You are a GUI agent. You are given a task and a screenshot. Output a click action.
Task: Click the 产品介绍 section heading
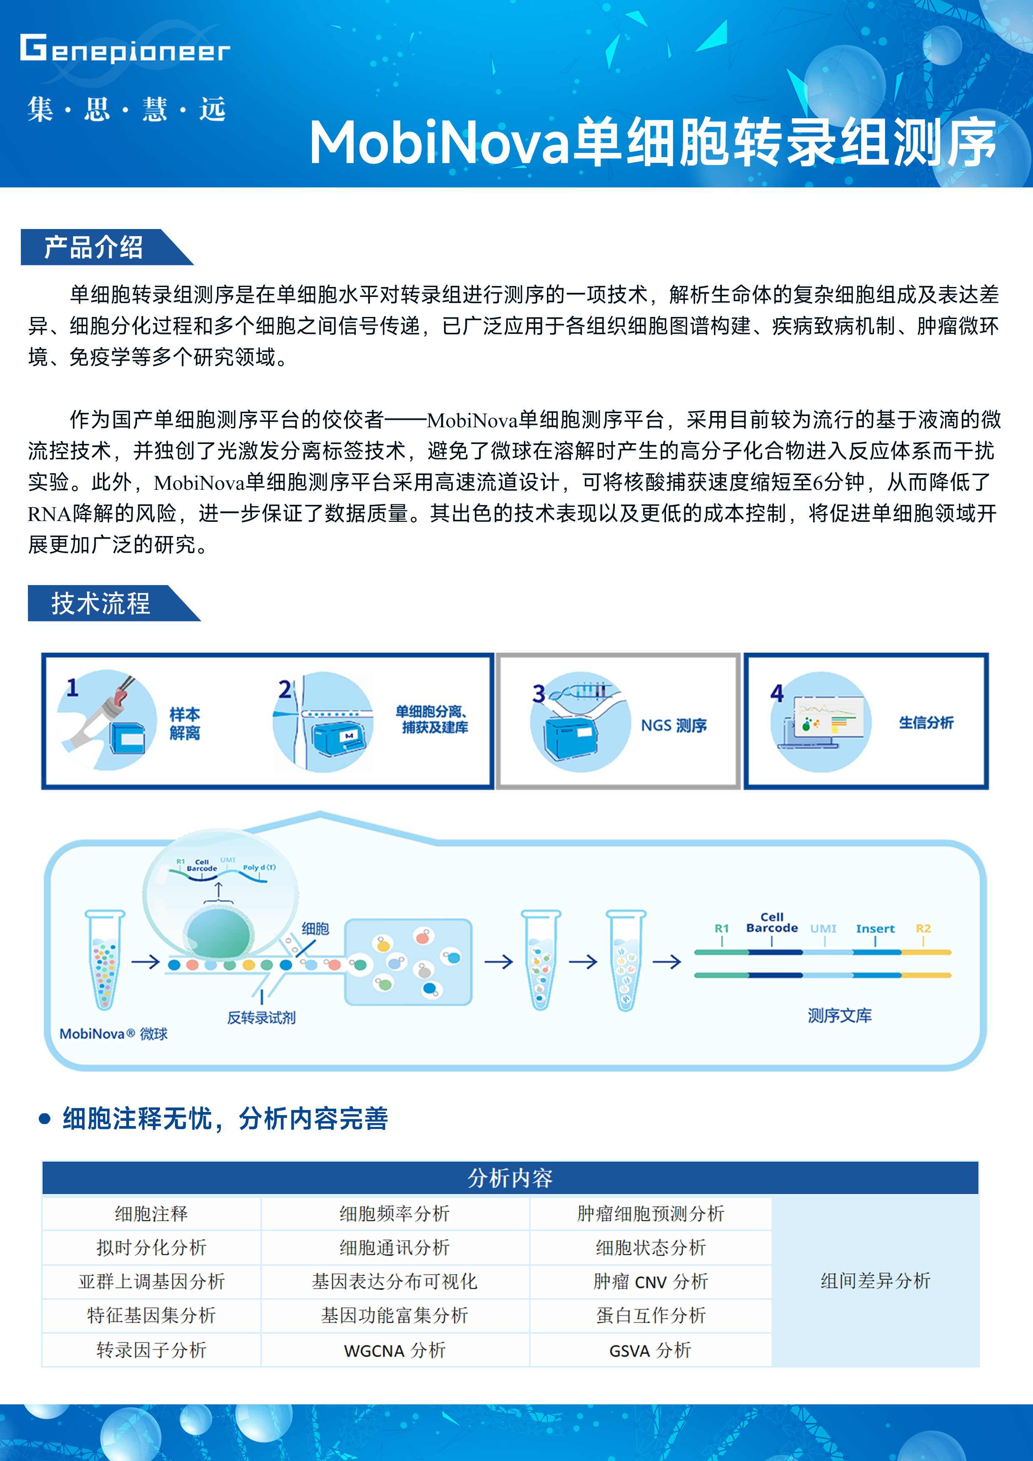pos(94,247)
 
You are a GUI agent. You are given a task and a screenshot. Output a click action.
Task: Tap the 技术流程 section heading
pos(100,603)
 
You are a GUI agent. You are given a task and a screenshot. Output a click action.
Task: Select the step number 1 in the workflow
pos(72,687)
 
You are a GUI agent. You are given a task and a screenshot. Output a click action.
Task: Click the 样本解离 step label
pos(185,723)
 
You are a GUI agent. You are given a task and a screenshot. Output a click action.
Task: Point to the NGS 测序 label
pos(674,726)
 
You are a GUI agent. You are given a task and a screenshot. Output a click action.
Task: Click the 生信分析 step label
pos(926,722)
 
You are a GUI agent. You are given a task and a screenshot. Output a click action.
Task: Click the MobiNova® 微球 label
pos(113,1033)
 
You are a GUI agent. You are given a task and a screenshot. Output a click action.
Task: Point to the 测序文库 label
pos(839,1015)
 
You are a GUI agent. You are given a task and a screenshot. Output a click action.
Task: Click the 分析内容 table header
pos(510,1178)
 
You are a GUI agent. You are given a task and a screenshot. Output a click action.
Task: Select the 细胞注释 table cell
pos(152,1214)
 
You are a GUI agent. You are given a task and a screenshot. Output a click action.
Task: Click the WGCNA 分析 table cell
pos(394,1350)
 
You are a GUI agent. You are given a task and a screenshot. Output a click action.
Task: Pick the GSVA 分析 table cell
pos(650,1350)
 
